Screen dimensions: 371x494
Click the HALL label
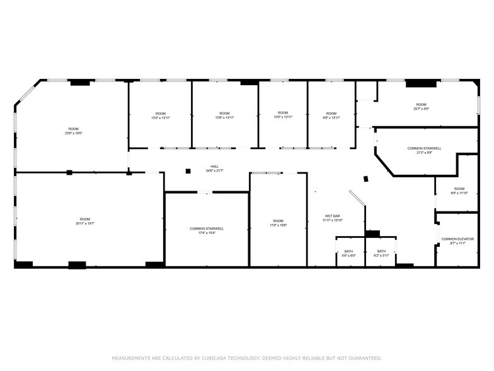(215, 167)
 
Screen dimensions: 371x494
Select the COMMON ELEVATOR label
(457, 239)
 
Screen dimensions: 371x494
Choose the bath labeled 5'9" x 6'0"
(348, 253)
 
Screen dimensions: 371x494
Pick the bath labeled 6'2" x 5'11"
(381, 253)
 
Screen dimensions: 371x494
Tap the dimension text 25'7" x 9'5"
(421, 109)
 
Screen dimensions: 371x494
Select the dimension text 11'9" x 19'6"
(278, 225)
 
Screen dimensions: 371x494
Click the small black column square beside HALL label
(188, 171)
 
